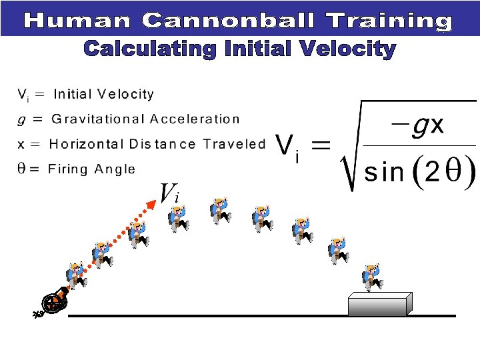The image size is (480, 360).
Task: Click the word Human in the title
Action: click(x=78, y=21)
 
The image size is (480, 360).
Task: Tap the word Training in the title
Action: click(x=389, y=21)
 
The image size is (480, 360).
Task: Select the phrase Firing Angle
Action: click(x=91, y=169)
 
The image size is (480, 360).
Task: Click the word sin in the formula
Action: click(x=385, y=173)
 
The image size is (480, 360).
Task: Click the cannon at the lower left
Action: click(x=53, y=303)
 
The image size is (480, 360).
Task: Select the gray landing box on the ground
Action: click(x=377, y=304)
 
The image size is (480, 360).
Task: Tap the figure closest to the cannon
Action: click(x=76, y=275)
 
